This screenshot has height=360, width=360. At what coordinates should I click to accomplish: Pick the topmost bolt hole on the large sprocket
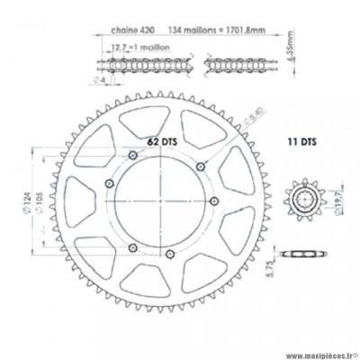pos(134,157)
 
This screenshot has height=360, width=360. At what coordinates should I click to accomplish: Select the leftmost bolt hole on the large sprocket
pos(109,184)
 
